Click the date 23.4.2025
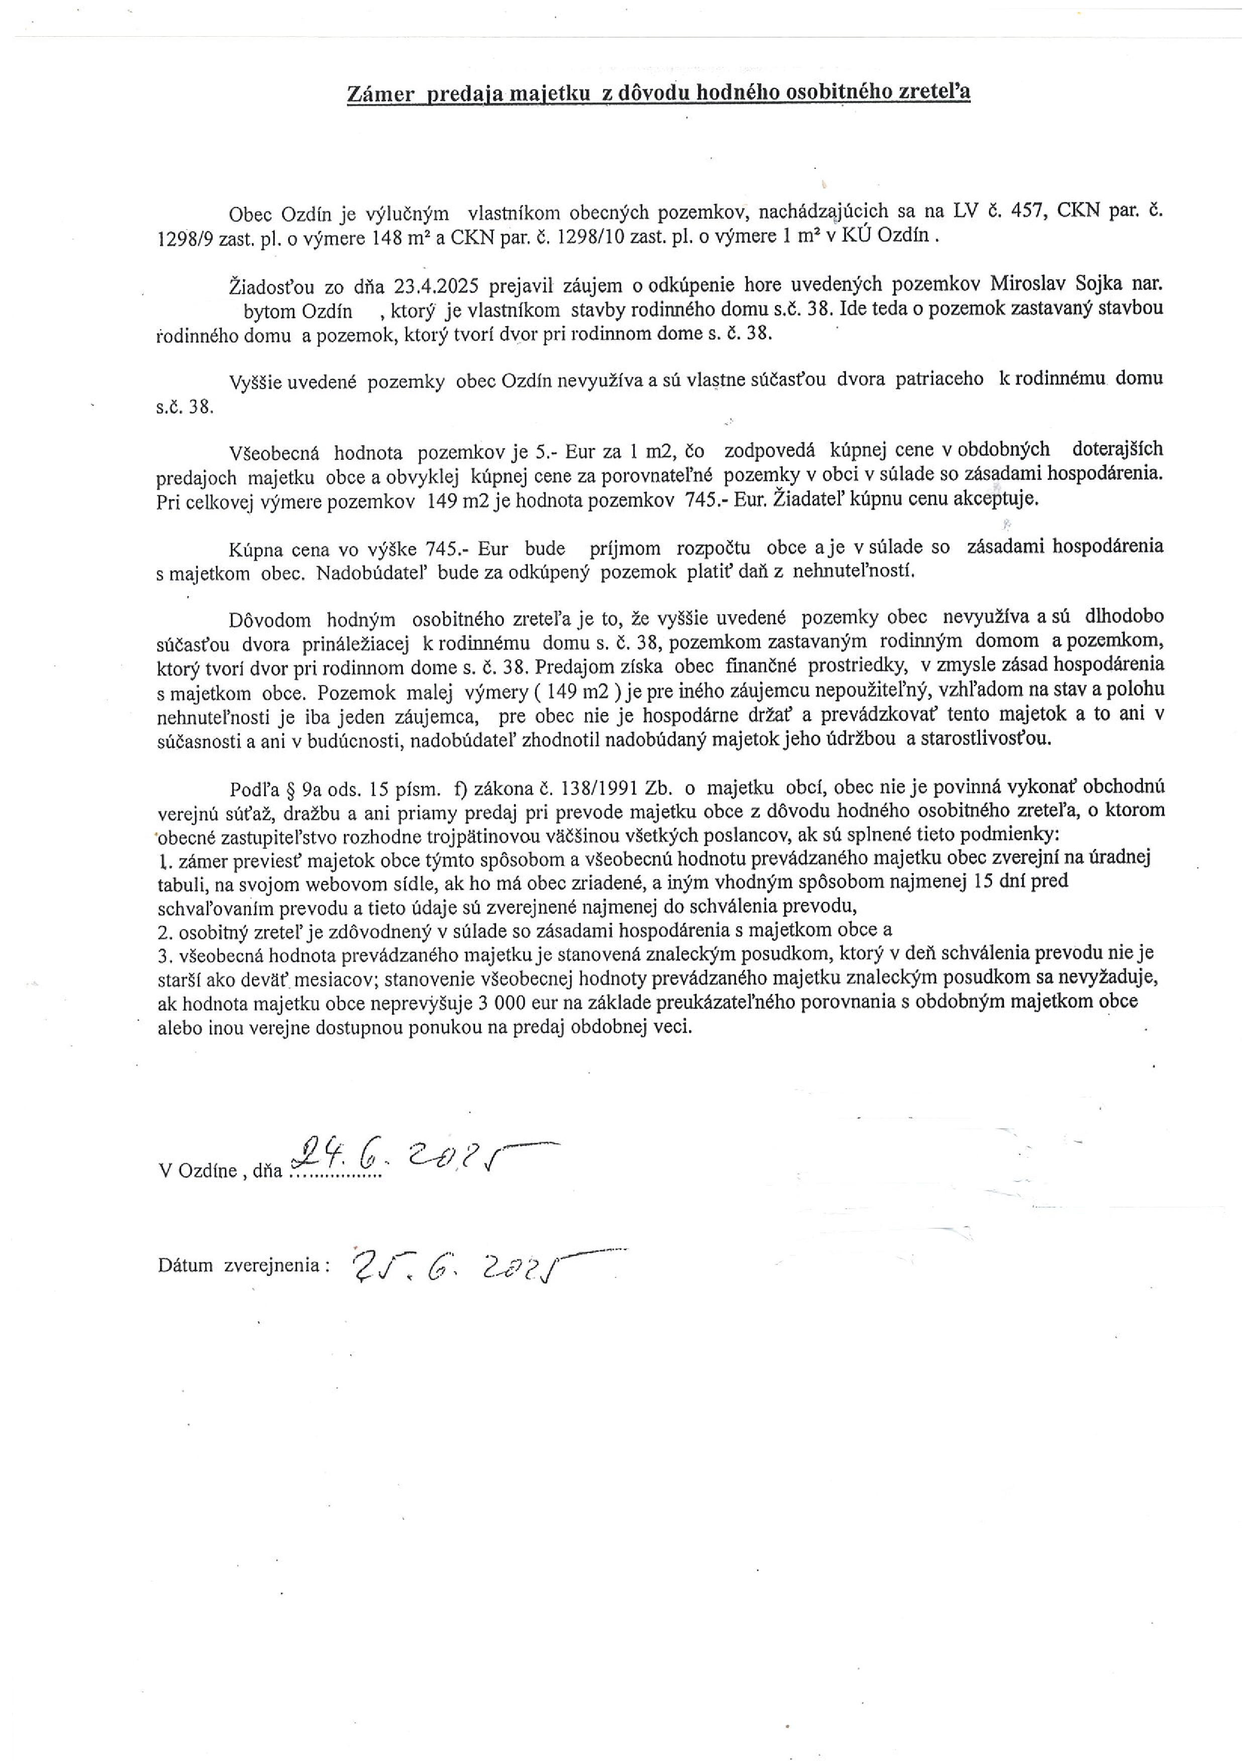pos(437,285)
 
